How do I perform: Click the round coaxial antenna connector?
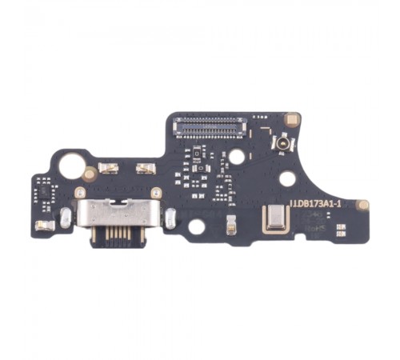pyautogui.click(x=283, y=144)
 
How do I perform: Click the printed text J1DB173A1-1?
pyautogui.click(x=315, y=205)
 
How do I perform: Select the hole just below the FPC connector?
pyautogui.click(x=236, y=157)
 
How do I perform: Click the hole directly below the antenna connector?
pyautogui.click(x=286, y=179)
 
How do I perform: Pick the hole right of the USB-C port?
pyautogui.click(x=196, y=226)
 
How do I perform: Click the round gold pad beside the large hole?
pyautogui.click(x=90, y=174)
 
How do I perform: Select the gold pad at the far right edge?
pyautogui.click(x=362, y=205)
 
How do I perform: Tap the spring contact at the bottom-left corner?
pyautogui.click(x=46, y=226)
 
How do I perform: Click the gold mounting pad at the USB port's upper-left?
pyautogui.click(x=80, y=193)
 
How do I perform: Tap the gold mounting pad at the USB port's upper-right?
pyautogui.click(x=157, y=193)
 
